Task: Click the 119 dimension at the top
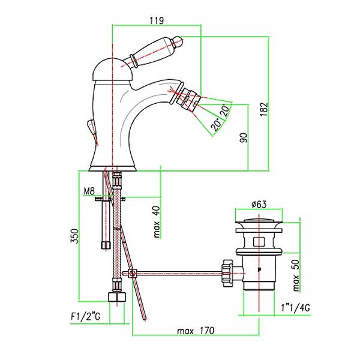[157, 20]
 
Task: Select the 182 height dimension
[264, 109]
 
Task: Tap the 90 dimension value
[244, 137]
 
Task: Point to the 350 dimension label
[74, 236]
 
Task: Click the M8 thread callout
[89, 191]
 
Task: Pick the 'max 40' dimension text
[157, 221]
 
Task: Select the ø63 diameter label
[259, 204]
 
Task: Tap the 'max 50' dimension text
[296, 275]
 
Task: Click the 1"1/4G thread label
[295, 307]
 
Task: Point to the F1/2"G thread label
[85, 317]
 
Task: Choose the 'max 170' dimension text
[196, 331]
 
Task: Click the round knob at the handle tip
[178, 41]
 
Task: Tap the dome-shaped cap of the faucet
[113, 70]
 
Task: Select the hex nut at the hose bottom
[117, 296]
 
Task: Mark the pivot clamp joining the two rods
[132, 274]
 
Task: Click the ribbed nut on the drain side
[228, 273]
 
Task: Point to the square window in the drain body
[259, 242]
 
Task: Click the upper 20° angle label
[225, 111]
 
